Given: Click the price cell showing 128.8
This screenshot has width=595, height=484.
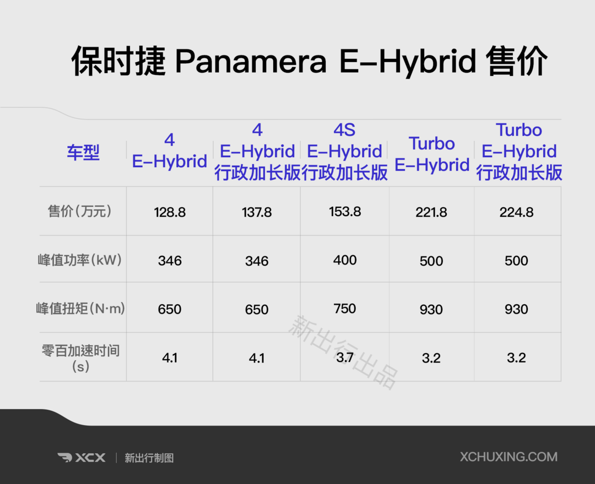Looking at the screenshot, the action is (170, 212).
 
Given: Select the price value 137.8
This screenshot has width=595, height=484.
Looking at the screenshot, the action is (257, 212).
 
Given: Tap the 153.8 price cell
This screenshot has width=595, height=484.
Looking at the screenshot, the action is (345, 211).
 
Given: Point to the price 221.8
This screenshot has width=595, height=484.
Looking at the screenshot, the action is (431, 212).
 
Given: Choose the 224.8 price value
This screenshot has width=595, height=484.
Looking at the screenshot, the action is (516, 212).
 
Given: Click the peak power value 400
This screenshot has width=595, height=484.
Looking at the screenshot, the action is (345, 260).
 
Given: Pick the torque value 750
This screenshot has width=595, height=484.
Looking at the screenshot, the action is (345, 309).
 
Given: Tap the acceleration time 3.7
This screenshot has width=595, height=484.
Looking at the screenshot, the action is (345, 357).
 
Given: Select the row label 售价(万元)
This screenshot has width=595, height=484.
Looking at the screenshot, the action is (80, 211).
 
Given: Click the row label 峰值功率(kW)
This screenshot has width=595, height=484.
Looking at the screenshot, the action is (80, 260).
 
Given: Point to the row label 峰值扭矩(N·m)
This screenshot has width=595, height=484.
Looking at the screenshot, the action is (80, 309).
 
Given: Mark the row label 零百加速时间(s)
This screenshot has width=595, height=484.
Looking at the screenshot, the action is (80, 358).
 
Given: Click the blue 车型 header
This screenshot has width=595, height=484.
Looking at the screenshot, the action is (83, 152).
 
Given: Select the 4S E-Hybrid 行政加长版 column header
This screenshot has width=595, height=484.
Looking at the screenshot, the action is (344, 151).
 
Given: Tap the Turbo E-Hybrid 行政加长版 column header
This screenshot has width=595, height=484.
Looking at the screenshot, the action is (519, 151).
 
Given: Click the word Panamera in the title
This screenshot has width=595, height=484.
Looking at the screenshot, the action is (251, 62).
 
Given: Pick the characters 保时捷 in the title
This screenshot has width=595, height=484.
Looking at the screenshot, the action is (118, 62).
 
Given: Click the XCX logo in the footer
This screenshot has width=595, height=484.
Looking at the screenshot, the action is (82, 458).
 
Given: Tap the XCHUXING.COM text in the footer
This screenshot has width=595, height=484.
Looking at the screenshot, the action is (509, 457).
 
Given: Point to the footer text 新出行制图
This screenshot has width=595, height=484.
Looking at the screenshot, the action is (149, 458).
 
